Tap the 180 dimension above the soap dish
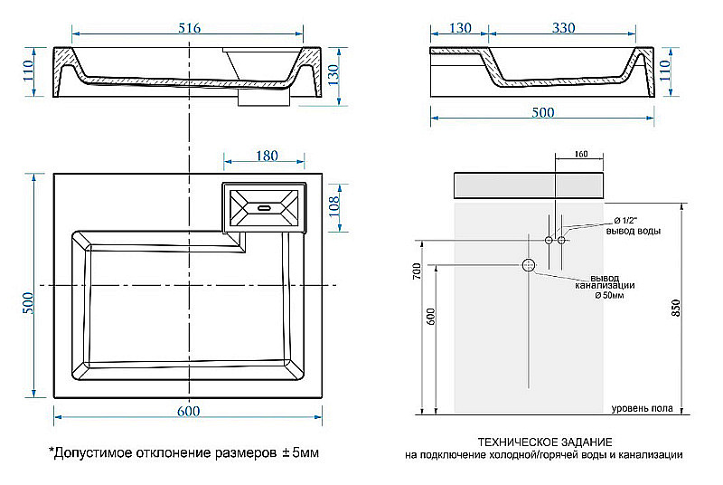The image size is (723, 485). coord(266,156)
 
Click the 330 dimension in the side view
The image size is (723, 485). coord(562,29)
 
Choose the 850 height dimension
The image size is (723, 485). coord(676,308)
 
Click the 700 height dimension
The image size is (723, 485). coord(417,271)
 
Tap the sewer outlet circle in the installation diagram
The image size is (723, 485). coord(529,265)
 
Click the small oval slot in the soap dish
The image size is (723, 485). coord(266,207)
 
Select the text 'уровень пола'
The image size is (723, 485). coord(641,409)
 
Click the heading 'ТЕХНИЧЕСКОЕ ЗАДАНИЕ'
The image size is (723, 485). coord(543,441)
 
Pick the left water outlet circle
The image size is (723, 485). coord(549,240)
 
